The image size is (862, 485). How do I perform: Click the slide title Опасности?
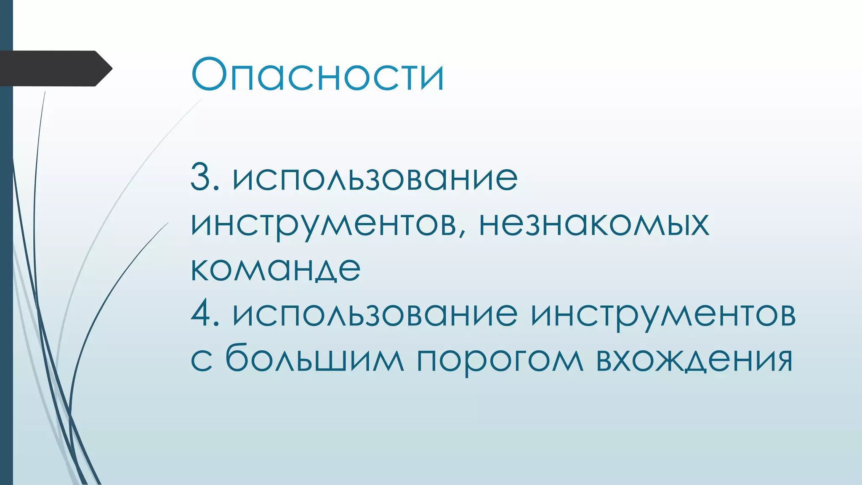click(x=318, y=75)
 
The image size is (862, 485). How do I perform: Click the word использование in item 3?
click(x=375, y=178)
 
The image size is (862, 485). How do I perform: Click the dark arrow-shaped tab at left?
click(x=53, y=69)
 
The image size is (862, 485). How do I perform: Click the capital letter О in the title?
click(x=209, y=75)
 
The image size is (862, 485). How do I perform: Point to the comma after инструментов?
click(x=463, y=233)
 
